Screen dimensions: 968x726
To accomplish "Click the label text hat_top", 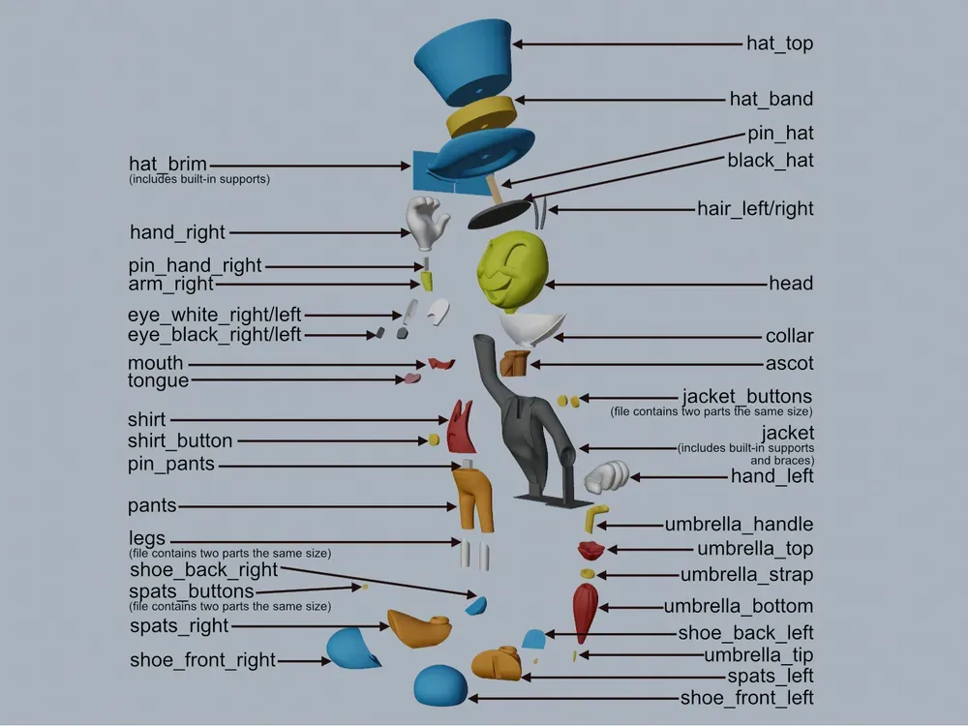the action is point(779,44).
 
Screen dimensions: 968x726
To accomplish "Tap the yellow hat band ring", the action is point(481,116).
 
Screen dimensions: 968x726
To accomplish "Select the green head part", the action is point(512,270).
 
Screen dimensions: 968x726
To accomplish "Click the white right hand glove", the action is point(426,223).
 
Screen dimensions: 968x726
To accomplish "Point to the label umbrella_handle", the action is point(739,524).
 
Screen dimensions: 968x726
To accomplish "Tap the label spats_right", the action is point(179,626).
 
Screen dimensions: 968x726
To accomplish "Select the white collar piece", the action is point(530,328).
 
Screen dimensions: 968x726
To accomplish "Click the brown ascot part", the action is point(515,363).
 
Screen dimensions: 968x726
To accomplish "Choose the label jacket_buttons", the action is point(747,396).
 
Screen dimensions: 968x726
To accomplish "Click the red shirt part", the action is point(461,427).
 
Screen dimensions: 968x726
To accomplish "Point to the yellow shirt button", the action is point(434,440).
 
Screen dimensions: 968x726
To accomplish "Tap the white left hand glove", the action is point(606,476).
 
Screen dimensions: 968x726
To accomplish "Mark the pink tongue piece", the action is point(411,378).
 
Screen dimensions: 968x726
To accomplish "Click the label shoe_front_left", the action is point(746,698).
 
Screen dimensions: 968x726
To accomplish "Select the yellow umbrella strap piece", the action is point(588,574).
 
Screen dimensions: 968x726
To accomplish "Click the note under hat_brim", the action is point(199,180).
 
